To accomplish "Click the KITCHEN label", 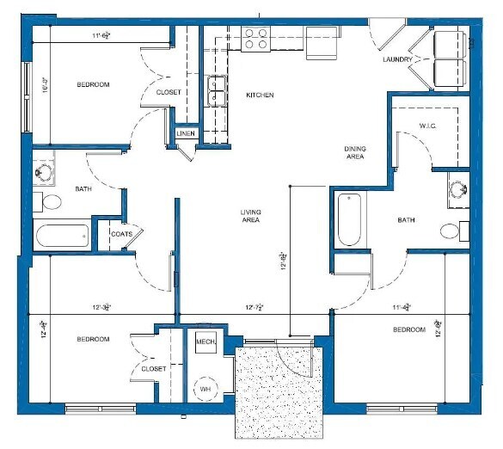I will click(260, 95).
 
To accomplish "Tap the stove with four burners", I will click(256, 39).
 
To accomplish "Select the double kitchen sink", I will click(217, 90).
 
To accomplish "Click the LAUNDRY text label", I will click(399, 60).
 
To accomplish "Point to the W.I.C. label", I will click(429, 126).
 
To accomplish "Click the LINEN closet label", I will click(186, 134).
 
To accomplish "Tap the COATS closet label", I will click(120, 233).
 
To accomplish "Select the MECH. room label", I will click(205, 341).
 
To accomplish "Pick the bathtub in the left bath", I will click(62, 235).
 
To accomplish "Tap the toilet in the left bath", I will click(51, 203).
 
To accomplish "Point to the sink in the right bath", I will click(457, 192).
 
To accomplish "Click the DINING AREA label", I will click(355, 152).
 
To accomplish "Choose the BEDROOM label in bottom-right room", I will click(409, 329).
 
